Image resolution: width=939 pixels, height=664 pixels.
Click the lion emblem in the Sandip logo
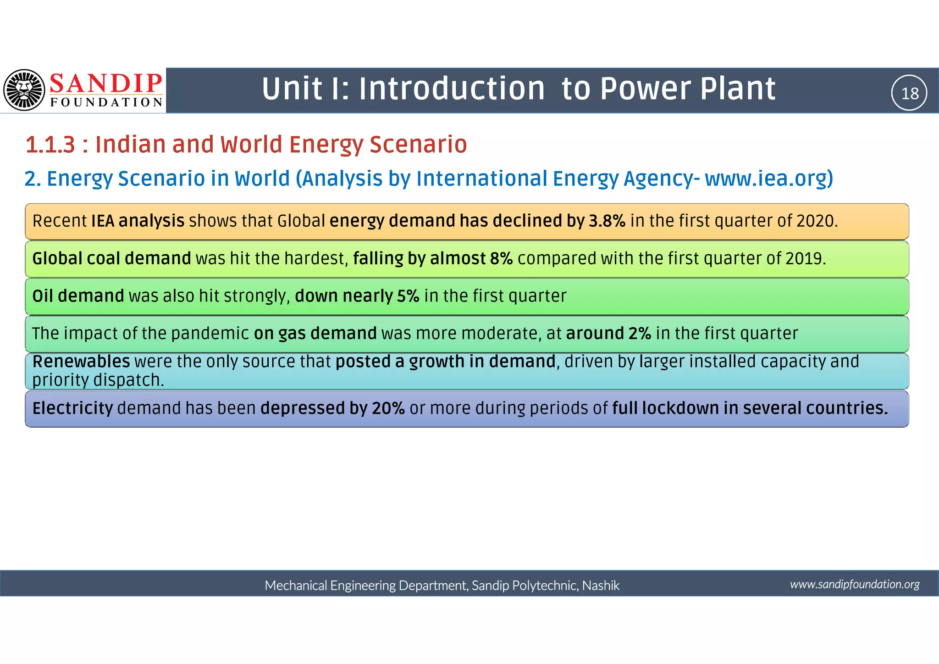coord(24,90)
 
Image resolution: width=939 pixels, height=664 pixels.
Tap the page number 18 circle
coord(909,93)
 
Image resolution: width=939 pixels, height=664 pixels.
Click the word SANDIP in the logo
coord(106,84)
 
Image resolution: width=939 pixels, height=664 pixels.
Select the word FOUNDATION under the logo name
coord(106,102)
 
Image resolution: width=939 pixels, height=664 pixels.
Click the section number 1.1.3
coord(50,145)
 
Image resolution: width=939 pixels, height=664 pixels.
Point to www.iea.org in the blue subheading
coord(768,179)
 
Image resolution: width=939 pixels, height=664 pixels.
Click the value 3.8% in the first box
coord(607,221)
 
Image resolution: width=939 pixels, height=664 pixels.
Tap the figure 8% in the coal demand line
coord(501,259)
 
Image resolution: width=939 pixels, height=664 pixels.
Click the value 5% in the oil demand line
coord(408,296)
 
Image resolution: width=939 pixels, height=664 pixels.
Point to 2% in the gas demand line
coord(640,334)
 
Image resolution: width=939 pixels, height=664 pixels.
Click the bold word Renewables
coord(81,362)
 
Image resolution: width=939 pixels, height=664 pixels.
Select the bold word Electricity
coord(72,408)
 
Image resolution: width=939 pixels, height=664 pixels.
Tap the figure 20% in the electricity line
coord(388,408)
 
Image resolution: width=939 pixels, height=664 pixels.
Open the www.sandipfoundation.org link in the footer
coord(855,584)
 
